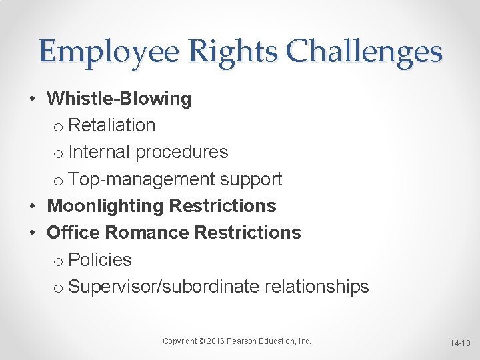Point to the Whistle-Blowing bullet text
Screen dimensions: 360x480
click(x=119, y=99)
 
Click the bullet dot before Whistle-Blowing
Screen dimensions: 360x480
click(x=32, y=99)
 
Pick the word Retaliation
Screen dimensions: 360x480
click(x=112, y=125)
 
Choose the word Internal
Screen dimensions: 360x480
click(x=99, y=152)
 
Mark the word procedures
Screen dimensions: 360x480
click(x=181, y=153)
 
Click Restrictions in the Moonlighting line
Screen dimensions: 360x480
click(x=223, y=206)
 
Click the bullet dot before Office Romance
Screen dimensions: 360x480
click(x=32, y=233)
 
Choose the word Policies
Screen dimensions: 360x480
click(x=100, y=260)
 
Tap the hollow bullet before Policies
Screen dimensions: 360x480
click(x=57, y=261)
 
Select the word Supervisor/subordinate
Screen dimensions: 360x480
click(x=163, y=287)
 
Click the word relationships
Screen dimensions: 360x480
click(x=317, y=287)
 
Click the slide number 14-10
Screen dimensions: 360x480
click(x=460, y=343)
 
